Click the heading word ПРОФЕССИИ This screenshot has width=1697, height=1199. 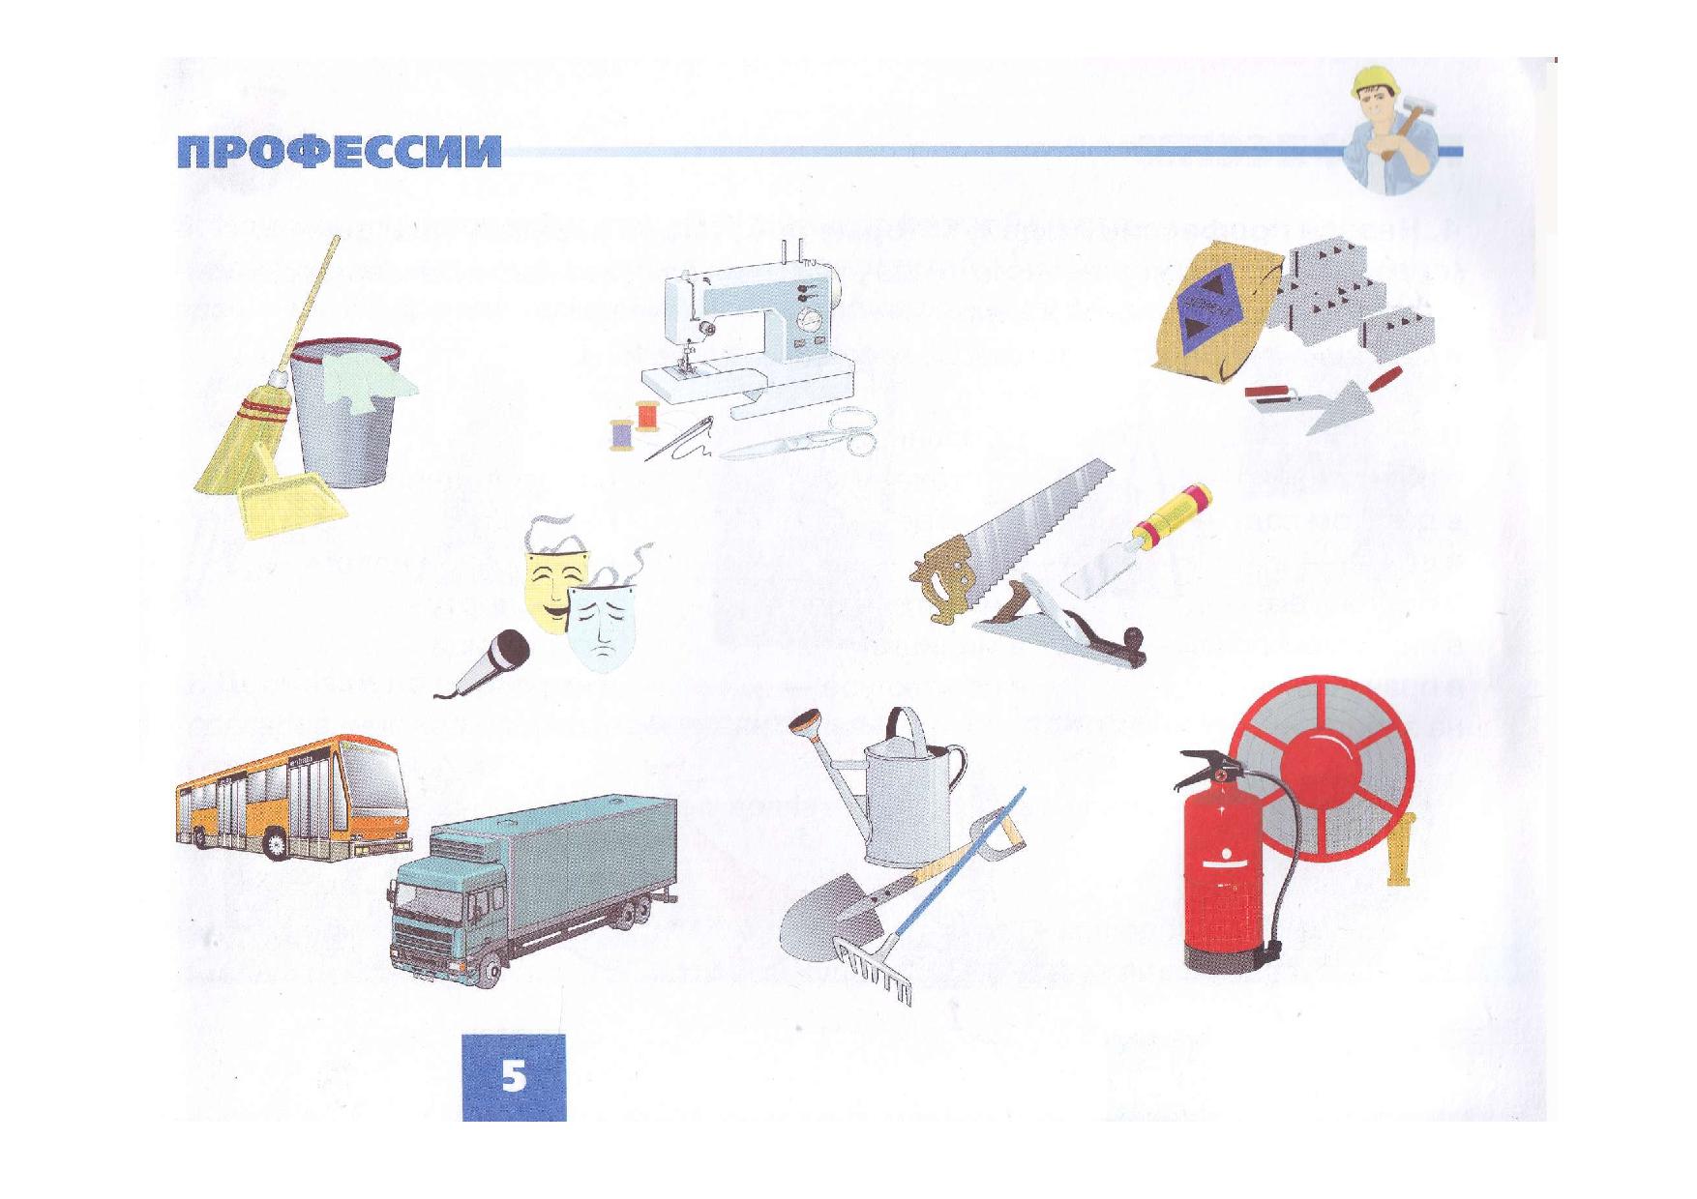tap(340, 152)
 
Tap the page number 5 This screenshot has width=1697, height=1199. tap(514, 1076)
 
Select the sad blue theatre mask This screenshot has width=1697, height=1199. tap(601, 624)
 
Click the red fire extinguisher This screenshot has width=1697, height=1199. tap(1224, 870)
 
